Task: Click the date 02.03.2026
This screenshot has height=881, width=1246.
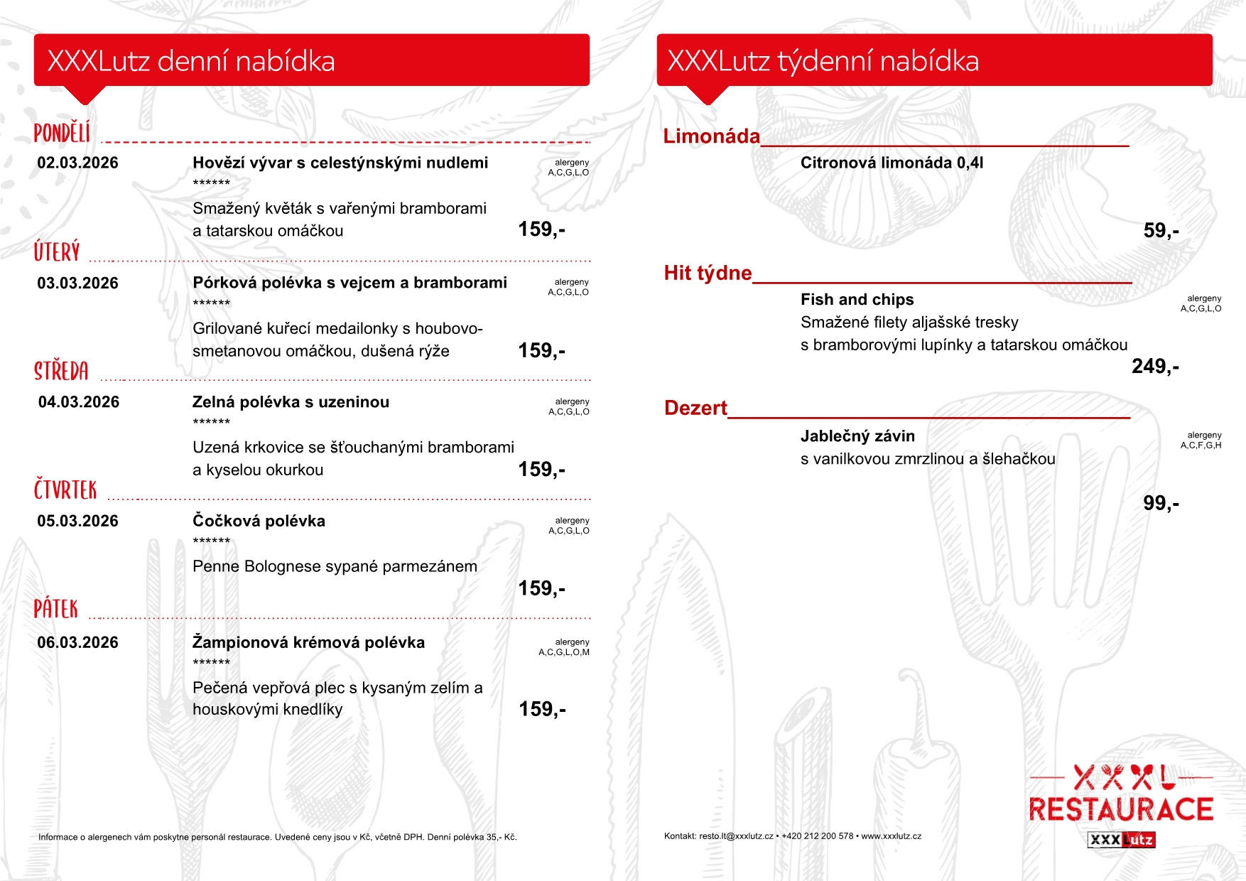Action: point(77,163)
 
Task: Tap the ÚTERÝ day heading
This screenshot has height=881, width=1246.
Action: point(57,252)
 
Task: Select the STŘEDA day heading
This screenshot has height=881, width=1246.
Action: point(62,371)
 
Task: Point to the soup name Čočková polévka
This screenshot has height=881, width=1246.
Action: point(259,521)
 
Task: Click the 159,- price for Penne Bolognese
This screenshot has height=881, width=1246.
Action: point(541,588)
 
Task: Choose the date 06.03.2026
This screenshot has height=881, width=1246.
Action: point(77,642)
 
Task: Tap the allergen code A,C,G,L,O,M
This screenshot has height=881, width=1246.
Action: point(564,652)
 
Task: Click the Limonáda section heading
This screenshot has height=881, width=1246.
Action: point(711,136)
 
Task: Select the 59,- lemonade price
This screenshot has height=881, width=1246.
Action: point(1161,230)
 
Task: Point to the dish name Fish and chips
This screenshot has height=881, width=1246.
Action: point(857,299)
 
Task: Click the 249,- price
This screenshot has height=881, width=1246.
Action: point(1155,366)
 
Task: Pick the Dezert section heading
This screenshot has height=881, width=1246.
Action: point(695,408)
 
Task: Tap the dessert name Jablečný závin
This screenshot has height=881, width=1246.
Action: point(857,436)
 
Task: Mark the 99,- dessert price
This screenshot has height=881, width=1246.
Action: point(1161,503)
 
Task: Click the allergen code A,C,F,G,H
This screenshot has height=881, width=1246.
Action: point(1201,445)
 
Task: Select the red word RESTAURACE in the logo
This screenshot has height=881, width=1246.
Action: point(1120,809)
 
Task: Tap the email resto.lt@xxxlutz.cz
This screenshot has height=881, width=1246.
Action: point(736,836)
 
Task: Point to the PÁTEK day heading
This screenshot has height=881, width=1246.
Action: point(56,609)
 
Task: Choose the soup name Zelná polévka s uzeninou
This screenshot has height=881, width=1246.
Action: point(291,402)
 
